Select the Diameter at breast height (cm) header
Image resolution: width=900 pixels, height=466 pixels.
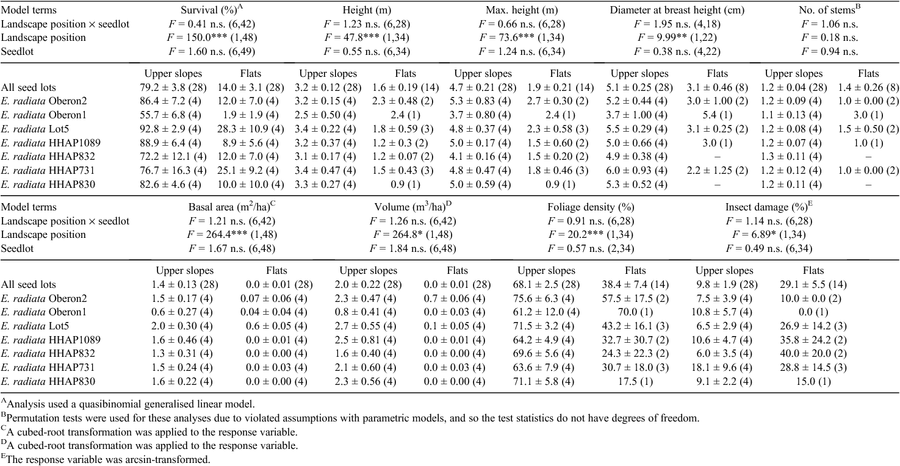[x=677, y=10]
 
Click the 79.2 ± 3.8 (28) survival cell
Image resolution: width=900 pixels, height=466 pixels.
[x=173, y=88]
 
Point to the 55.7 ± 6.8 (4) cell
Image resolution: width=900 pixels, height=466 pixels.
[x=170, y=115]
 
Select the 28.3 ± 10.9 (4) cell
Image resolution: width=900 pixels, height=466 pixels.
[x=251, y=129]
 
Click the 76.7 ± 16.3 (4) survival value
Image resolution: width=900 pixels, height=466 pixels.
[x=173, y=170]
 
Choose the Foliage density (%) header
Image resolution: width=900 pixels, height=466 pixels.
[x=591, y=207]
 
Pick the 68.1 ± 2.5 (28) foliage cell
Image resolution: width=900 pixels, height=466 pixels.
[x=546, y=284]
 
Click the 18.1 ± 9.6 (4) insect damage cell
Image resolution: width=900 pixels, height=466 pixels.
[x=724, y=367]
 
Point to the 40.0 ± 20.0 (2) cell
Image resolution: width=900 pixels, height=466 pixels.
[x=813, y=354]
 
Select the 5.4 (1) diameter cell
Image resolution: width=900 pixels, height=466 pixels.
[x=717, y=115]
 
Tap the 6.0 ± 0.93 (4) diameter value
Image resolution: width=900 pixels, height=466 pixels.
[x=639, y=170]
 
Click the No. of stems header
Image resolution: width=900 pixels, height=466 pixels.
[x=830, y=10]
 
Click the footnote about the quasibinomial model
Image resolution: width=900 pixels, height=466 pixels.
[x=128, y=403]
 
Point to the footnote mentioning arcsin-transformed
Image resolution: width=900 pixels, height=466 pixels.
[x=106, y=459]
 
